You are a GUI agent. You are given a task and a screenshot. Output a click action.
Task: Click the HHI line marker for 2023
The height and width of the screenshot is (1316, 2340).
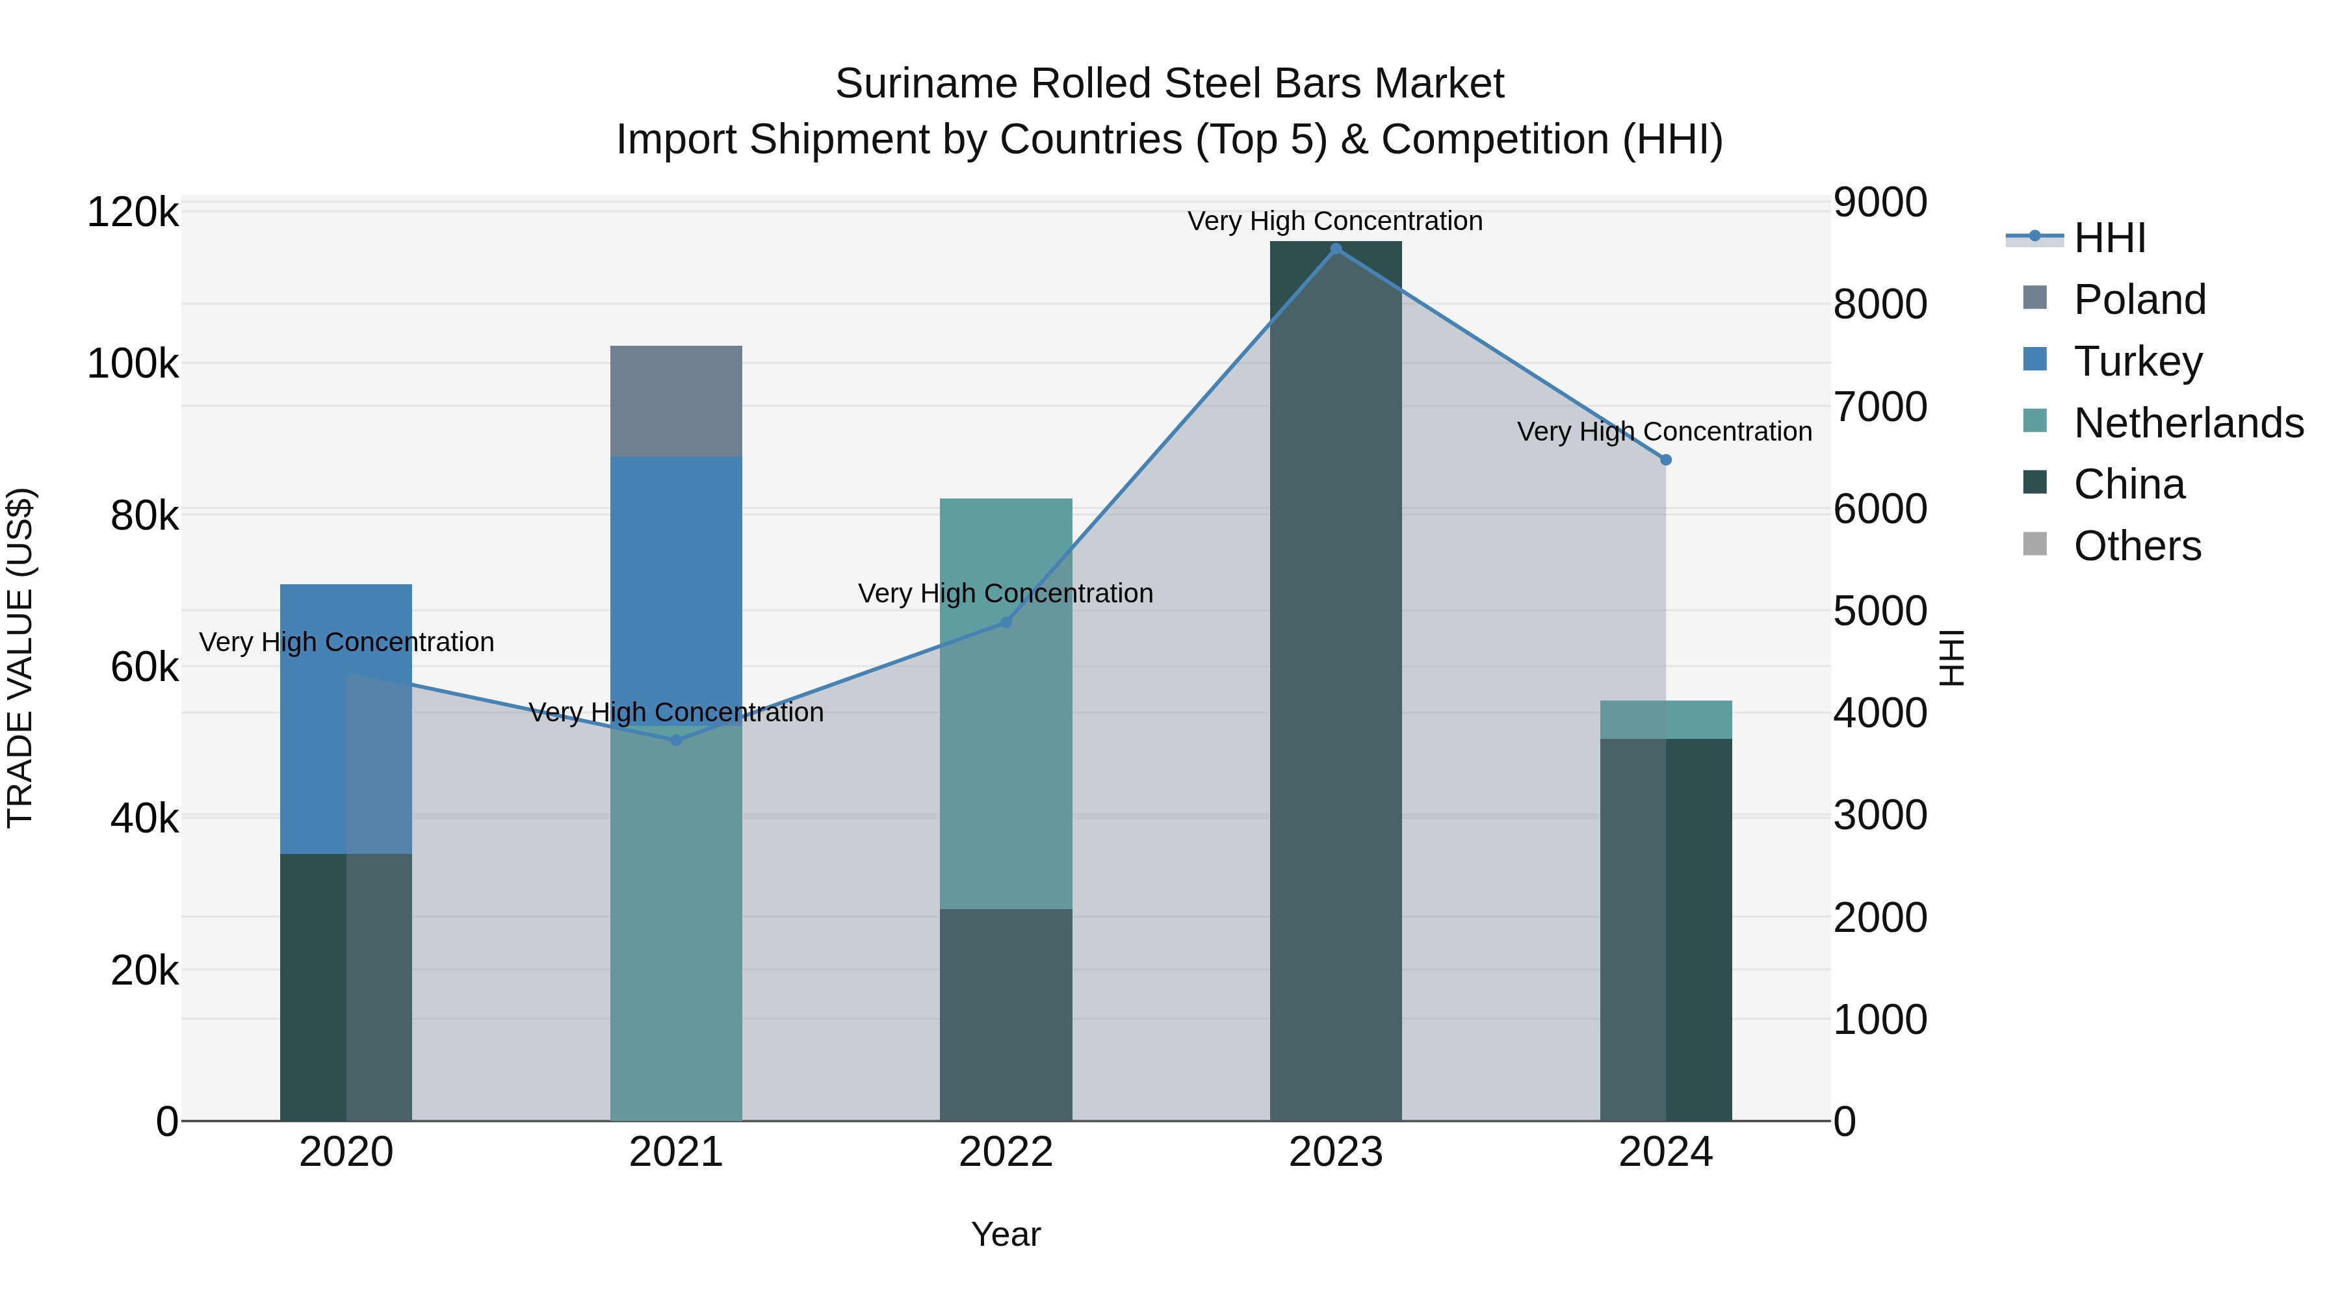click(x=1335, y=249)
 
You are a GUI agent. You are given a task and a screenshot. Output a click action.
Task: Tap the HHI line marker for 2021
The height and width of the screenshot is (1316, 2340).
click(x=676, y=740)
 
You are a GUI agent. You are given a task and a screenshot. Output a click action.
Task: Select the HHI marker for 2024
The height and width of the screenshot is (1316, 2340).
click(x=1665, y=459)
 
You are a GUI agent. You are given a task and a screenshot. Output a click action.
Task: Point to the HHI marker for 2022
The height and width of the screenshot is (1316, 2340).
click(x=1006, y=622)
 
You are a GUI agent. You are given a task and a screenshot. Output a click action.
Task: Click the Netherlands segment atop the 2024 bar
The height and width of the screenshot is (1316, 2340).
click(x=1665, y=719)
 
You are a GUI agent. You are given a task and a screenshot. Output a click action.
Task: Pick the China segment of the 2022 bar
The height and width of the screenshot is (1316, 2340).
click(x=1006, y=1014)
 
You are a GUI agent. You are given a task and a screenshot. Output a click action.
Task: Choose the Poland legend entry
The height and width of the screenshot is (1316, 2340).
click(x=2139, y=300)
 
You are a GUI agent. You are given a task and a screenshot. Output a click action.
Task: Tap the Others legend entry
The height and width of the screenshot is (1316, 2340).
click(x=2137, y=546)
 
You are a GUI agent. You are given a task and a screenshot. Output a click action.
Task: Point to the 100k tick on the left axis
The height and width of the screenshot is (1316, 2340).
click(x=133, y=364)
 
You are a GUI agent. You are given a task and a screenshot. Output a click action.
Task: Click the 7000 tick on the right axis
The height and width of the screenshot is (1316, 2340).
click(x=1879, y=406)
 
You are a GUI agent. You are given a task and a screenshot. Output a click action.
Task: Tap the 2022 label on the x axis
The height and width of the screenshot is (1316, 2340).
click(x=1006, y=1152)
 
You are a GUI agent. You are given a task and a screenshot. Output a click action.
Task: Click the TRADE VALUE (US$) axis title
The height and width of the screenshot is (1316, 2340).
click(x=20, y=658)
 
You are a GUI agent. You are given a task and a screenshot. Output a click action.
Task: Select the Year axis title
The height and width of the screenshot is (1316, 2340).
click(x=1006, y=1234)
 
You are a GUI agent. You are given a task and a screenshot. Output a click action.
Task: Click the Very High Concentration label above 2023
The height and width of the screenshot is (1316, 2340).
click(x=1334, y=221)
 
